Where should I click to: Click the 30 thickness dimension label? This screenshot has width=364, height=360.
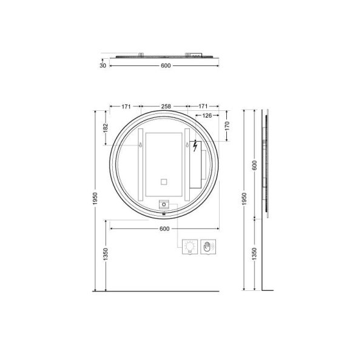tap(103, 65)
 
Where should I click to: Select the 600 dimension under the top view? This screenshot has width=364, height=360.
tap(166, 65)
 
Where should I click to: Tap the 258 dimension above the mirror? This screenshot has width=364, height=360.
tap(166, 106)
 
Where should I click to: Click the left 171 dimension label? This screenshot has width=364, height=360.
tap(126, 107)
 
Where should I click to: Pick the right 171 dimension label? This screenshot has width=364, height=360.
tap(203, 106)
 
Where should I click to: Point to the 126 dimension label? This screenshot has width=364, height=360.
tap(207, 115)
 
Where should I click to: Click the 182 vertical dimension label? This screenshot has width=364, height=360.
tap(106, 128)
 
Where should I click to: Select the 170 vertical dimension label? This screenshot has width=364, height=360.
tap(227, 125)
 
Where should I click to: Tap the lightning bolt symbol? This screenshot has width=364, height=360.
tap(195, 146)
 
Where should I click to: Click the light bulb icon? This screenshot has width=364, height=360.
tap(190, 247)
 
